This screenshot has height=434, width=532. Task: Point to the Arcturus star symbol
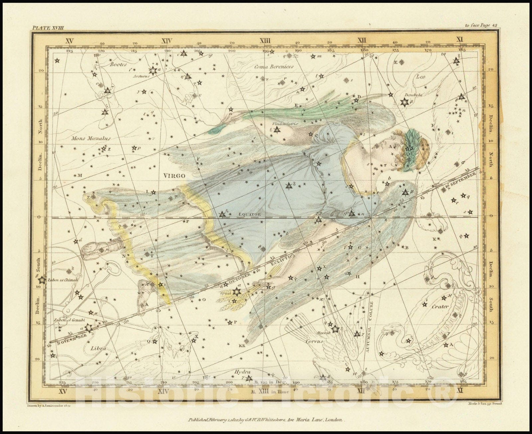(x=153, y=70)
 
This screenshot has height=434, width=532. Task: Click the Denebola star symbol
(x=405, y=102)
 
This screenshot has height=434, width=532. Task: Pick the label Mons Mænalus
(x=91, y=138)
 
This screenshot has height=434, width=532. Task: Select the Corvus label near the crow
(x=314, y=341)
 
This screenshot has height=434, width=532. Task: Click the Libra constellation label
(x=98, y=349)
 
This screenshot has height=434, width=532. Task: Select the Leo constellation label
(x=421, y=76)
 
